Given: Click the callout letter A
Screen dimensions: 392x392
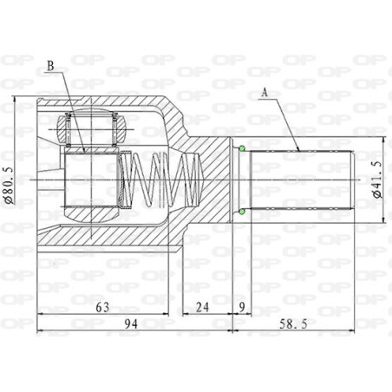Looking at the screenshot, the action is tap(265, 93).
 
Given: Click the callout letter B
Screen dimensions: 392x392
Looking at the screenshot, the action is tap(50, 66).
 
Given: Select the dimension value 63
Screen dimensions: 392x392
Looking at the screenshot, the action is tap(102, 307).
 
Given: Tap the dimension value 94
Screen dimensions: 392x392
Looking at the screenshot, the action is tap(131, 324).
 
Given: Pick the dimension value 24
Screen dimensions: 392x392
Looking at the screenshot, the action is tap(202, 307).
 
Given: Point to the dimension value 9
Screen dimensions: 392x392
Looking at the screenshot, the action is tap(242, 307).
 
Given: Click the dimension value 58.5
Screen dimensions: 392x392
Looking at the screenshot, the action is tap(293, 324).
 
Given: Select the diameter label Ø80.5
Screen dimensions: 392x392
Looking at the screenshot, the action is tap(9, 185).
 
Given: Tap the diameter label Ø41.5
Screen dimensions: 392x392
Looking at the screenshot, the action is tap(377, 180).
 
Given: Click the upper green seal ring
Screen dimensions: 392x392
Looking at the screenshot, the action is tap(242, 148).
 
